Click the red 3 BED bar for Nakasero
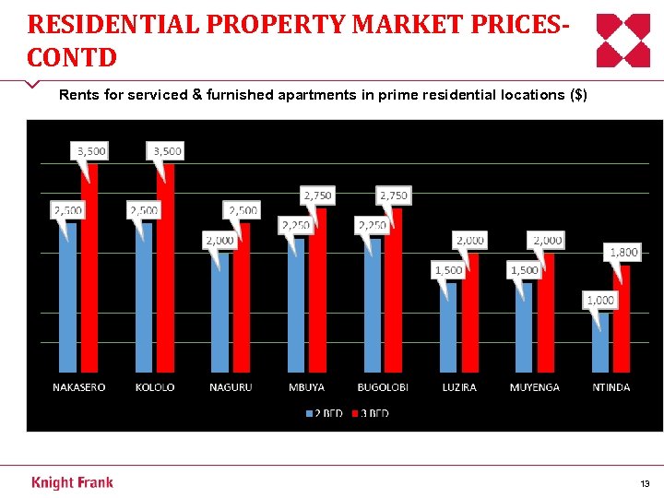click(89, 277)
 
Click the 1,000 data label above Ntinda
click(600, 300)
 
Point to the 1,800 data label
click(622, 252)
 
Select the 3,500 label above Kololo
click(166, 150)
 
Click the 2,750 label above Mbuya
click(317, 196)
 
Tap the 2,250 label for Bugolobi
click(372, 225)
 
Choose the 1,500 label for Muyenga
click(524, 270)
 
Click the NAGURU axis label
click(231, 387)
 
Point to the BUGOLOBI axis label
click(383, 387)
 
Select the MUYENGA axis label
click(534, 387)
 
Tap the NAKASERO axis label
click(78, 387)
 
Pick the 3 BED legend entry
click(370, 413)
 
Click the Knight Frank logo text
click(72, 482)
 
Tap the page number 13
click(644, 483)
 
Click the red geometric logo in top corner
click(622, 41)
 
